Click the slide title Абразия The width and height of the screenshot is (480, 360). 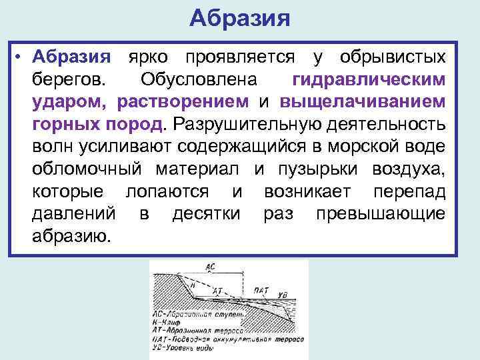(x=239, y=18)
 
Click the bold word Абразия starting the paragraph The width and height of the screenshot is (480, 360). (x=73, y=57)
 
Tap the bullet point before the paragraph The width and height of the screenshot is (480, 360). (x=21, y=57)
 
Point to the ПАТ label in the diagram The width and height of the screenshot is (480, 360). (x=261, y=290)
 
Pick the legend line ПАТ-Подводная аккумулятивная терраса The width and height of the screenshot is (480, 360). (x=227, y=339)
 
